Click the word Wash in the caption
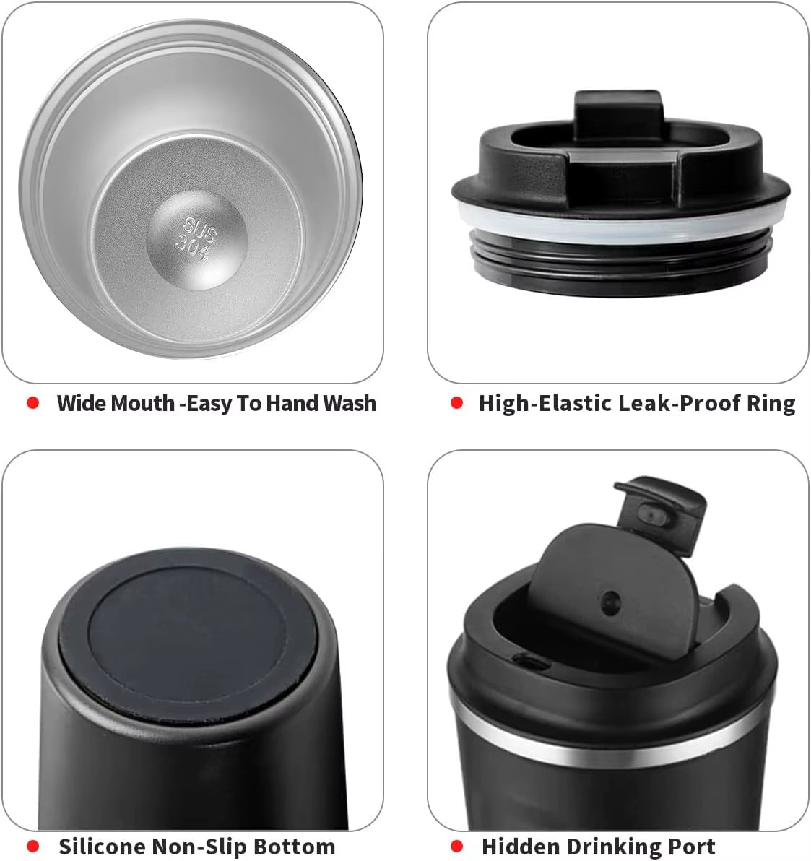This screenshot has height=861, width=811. [x=350, y=403]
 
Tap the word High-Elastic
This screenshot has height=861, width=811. [x=546, y=403]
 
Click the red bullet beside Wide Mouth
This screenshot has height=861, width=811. [x=33, y=403]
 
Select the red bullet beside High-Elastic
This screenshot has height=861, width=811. [x=456, y=403]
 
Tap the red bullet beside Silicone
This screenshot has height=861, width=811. [x=33, y=846]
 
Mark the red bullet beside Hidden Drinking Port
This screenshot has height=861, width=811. [x=456, y=846]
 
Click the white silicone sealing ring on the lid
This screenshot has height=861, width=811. [x=620, y=230]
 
